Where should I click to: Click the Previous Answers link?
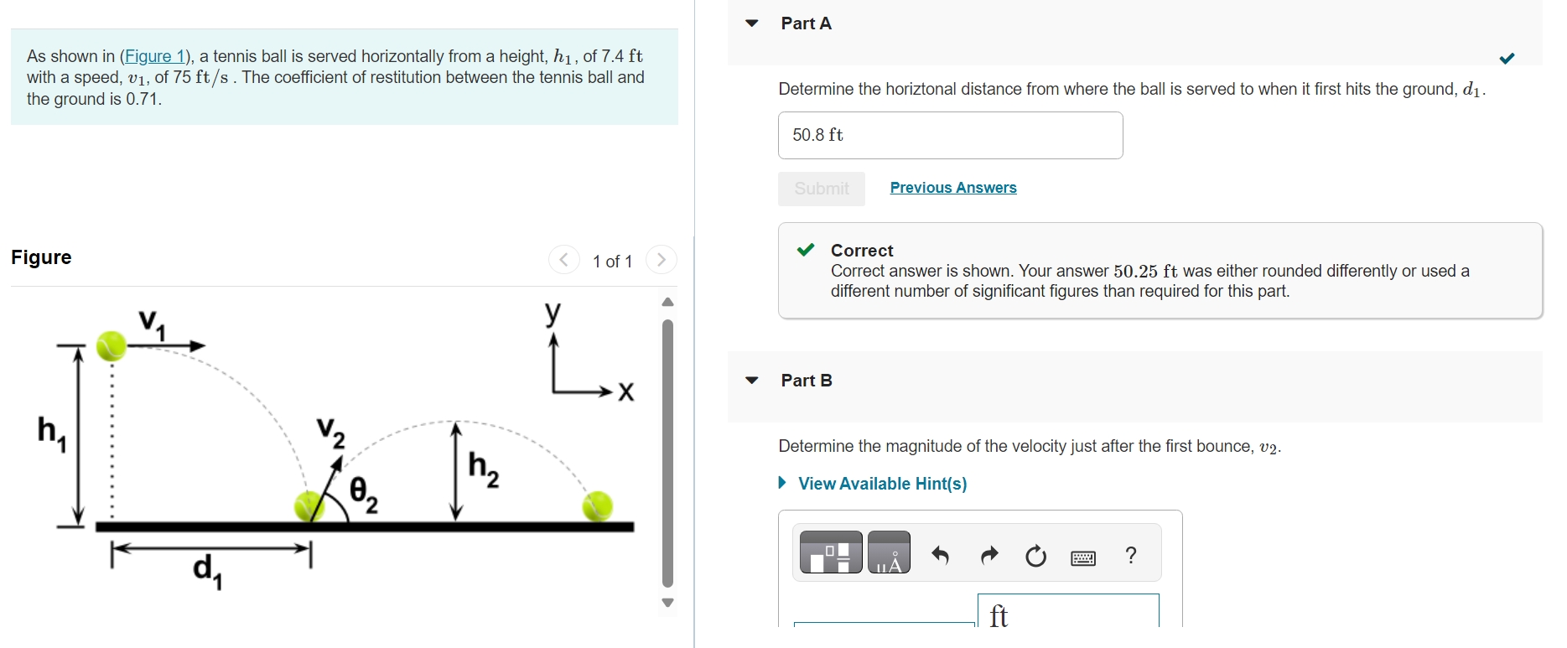pos(952,188)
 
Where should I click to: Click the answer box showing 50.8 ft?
pos(950,135)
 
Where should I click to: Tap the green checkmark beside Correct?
pos(806,250)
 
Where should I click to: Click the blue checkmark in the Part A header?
pos(1507,58)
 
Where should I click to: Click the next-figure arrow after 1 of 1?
pos(662,260)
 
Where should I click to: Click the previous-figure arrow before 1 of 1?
pos(564,260)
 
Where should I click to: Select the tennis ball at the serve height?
pos(111,345)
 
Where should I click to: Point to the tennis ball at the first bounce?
pos(309,505)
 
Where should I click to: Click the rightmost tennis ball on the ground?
pos(598,505)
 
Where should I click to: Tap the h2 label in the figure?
pos(483,468)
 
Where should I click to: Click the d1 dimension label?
pos(207,570)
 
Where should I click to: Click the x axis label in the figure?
pos(625,392)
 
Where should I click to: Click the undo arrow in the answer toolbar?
pos(940,555)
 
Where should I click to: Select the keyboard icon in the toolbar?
pos(1083,557)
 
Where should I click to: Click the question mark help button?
pos(1131,555)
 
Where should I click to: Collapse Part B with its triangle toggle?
pos(752,381)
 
